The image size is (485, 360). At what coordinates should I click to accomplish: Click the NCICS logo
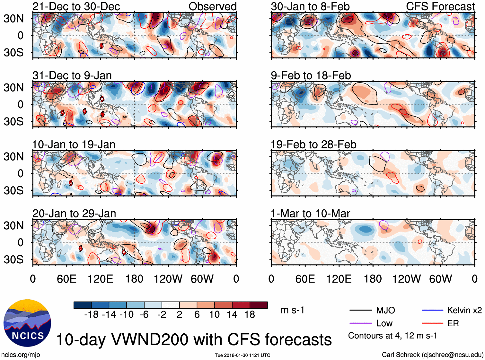click(x=27, y=323)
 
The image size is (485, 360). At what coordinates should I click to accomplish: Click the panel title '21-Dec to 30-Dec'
click(x=76, y=6)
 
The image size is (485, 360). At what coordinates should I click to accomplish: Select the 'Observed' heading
click(x=212, y=6)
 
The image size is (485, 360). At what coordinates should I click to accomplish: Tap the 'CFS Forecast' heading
click(x=440, y=6)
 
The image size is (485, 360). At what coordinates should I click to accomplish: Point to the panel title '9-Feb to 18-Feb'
click(x=311, y=75)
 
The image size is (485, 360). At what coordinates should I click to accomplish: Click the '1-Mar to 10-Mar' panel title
click(x=310, y=214)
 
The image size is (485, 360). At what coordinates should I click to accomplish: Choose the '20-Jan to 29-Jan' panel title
click(x=74, y=214)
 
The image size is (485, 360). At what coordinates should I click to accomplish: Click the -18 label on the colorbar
click(x=91, y=315)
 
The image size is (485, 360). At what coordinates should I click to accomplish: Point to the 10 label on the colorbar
click(x=215, y=315)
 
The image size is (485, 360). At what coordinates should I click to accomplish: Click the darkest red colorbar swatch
click(x=259, y=305)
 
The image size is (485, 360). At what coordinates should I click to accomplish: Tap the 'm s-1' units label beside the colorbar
click(x=292, y=310)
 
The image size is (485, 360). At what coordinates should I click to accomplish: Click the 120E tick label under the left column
click(x=100, y=279)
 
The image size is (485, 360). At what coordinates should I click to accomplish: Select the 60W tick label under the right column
click(x=440, y=279)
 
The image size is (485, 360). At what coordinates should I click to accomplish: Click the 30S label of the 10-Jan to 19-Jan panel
click(x=14, y=190)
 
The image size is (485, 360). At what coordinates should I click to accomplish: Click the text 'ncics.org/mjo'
click(x=21, y=355)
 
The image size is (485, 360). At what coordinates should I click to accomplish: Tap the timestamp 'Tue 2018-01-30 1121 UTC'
click(x=242, y=355)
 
